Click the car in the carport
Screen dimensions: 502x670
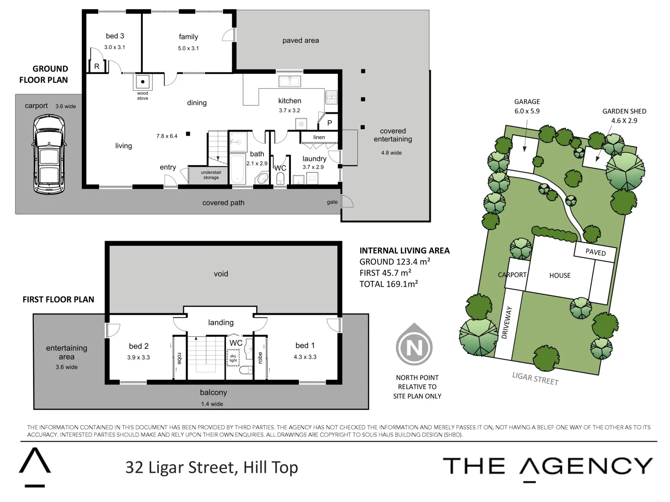[x=49, y=154]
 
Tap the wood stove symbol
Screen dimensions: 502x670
[x=143, y=82]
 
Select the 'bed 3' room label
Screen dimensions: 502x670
[x=115, y=36]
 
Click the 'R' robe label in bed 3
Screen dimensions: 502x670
[x=97, y=66]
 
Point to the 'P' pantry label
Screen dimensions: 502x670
[x=329, y=123]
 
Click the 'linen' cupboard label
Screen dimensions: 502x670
[x=319, y=137]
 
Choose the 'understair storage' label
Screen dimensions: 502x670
[x=211, y=175]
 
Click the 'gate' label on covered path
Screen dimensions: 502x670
[x=332, y=202]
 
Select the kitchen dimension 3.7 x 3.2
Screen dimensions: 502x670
[x=289, y=111]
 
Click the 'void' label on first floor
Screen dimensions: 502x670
[x=221, y=274]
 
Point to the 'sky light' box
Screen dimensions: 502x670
[x=233, y=358]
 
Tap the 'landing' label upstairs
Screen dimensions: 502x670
[x=221, y=323]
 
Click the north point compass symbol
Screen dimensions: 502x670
[x=414, y=347]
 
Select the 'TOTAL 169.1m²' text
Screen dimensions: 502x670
[x=389, y=284]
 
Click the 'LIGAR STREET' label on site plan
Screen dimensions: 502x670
[x=535, y=378]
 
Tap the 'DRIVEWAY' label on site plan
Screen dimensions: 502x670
[x=507, y=322]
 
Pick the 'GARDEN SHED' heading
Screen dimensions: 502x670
[x=624, y=111]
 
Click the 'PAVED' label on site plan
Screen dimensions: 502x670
[x=596, y=252]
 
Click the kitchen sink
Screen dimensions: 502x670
[x=289, y=81]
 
